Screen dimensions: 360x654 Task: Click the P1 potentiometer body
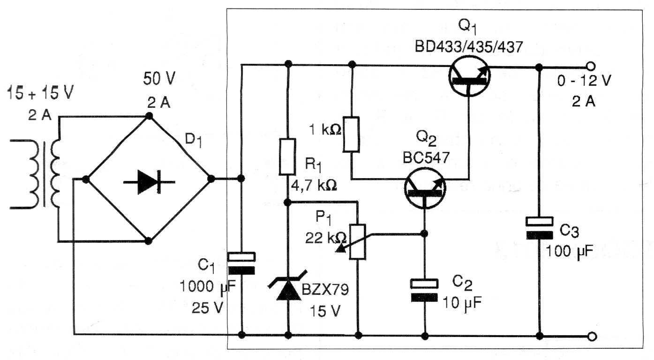pyautogui.click(x=358, y=241)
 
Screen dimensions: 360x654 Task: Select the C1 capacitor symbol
pyautogui.click(x=241, y=263)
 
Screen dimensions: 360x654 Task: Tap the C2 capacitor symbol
pyautogui.click(x=424, y=291)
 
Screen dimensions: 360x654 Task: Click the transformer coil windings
pyautogui.click(x=45, y=176)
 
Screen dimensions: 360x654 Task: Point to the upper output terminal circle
pyautogui.click(x=592, y=66)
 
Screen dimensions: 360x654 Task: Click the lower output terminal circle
pyautogui.click(x=592, y=336)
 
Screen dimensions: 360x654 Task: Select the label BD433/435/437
pyautogui.click(x=467, y=47)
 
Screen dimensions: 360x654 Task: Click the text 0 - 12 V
pyautogui.click(x=584, y=81)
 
